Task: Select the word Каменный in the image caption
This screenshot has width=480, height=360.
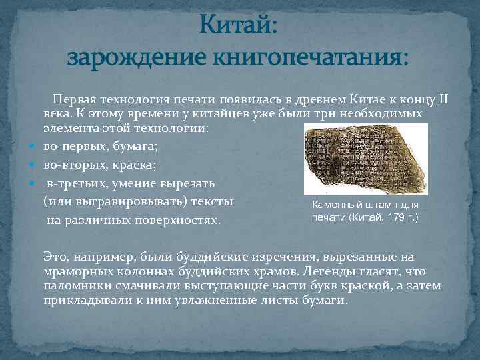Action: pyautogui.click(x=335, y=206)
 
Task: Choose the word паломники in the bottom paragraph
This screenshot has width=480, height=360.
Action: pyautogui.click(x=73, y=286)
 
